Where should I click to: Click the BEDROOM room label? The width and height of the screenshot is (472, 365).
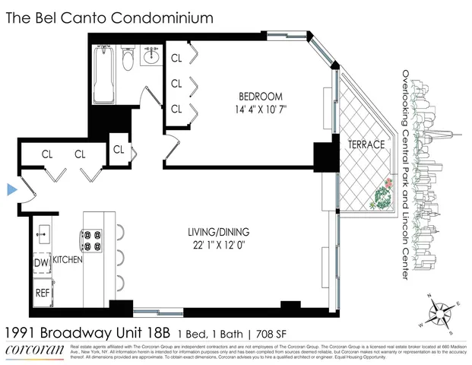click(x=261, y=97)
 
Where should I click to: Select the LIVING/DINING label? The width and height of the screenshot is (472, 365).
click(x=219, y=232)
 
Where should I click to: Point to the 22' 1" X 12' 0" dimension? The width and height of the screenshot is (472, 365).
click(x=219, y=245)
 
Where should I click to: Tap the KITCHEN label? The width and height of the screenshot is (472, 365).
click(x=68, y=260)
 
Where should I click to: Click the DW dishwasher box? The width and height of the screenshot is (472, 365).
click(x=41, y=262)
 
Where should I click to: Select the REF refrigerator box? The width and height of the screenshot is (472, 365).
click(x=42, y=292)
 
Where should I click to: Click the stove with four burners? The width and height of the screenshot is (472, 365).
click(x=92, y=241)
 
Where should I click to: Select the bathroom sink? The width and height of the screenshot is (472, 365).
click(x=150, y=55)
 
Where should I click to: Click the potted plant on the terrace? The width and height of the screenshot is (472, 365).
click(x=381, y=196)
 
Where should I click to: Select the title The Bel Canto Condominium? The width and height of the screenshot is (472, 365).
click(x=109, y=16)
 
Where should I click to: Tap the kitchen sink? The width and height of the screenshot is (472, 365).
click(x=40, y=233)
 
